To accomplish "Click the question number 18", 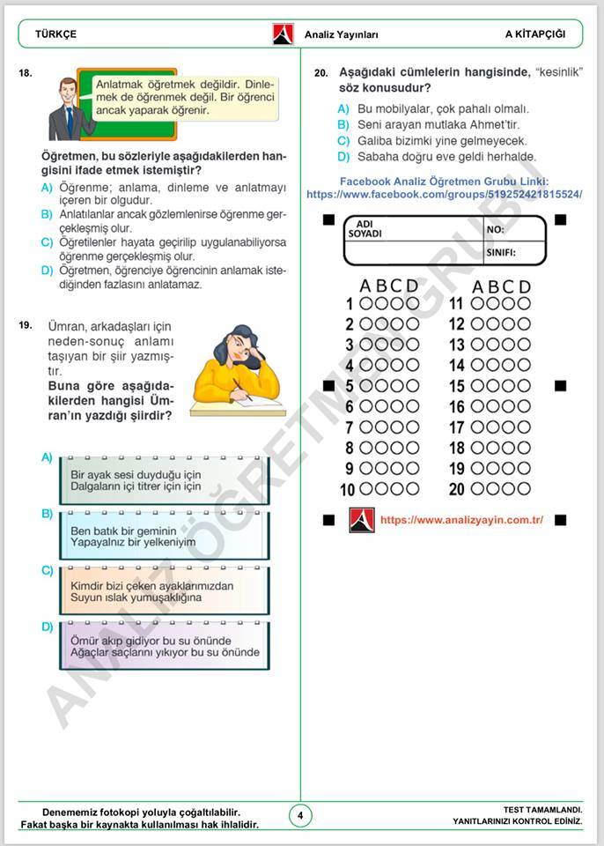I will [25, 74].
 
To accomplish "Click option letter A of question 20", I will [343, 108].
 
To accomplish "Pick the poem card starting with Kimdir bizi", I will [165, 591].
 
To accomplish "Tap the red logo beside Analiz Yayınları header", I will [283, 34].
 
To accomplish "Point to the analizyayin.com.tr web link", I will [461, 520].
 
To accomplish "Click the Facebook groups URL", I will [445, 194].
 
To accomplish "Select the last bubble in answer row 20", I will [524, 489].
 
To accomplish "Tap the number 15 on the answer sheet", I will [456, 386].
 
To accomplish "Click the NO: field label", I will [496, 228].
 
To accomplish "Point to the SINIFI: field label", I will [501, 253].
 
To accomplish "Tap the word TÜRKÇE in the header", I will [55, 34].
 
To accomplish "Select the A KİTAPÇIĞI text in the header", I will [534, 34].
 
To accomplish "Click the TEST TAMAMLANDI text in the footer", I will [542, 809].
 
